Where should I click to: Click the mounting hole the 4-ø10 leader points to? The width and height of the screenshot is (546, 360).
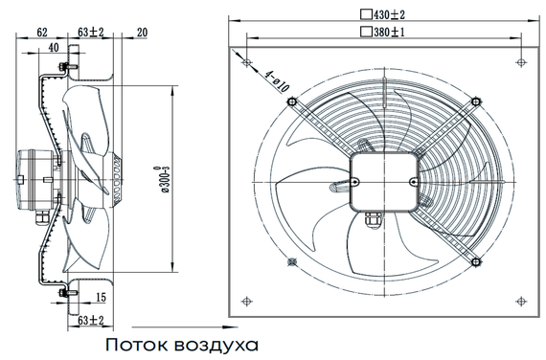point(248,63)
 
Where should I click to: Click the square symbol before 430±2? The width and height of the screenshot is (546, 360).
point(365,14)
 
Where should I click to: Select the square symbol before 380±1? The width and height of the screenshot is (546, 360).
point(365,32)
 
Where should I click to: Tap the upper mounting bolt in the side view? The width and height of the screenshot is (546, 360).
point(63,68)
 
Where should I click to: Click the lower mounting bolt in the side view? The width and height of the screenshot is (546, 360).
point(63,290)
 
